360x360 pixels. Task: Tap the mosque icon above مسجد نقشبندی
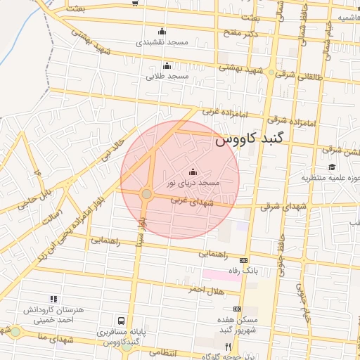162,31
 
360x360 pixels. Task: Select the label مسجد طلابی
167,75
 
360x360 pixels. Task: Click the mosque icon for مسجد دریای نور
193,172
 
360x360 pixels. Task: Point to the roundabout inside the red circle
146,193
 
